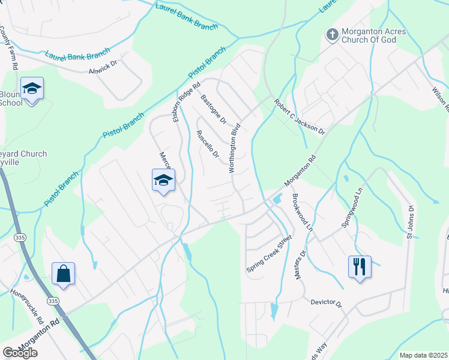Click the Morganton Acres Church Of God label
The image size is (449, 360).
tap(374, 36)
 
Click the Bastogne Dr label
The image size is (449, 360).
tap(213, 109)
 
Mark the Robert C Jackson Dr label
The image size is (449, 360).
tap(299, 117)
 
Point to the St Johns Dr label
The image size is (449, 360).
tap(411, 222)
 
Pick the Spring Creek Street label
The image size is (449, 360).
tap(269, 254)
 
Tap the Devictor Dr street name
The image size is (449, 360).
tap(325, 304)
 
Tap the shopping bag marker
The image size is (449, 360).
tap(63, 274)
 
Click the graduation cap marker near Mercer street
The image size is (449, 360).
tap(163, 180)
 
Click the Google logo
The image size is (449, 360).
tap(20, 353)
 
